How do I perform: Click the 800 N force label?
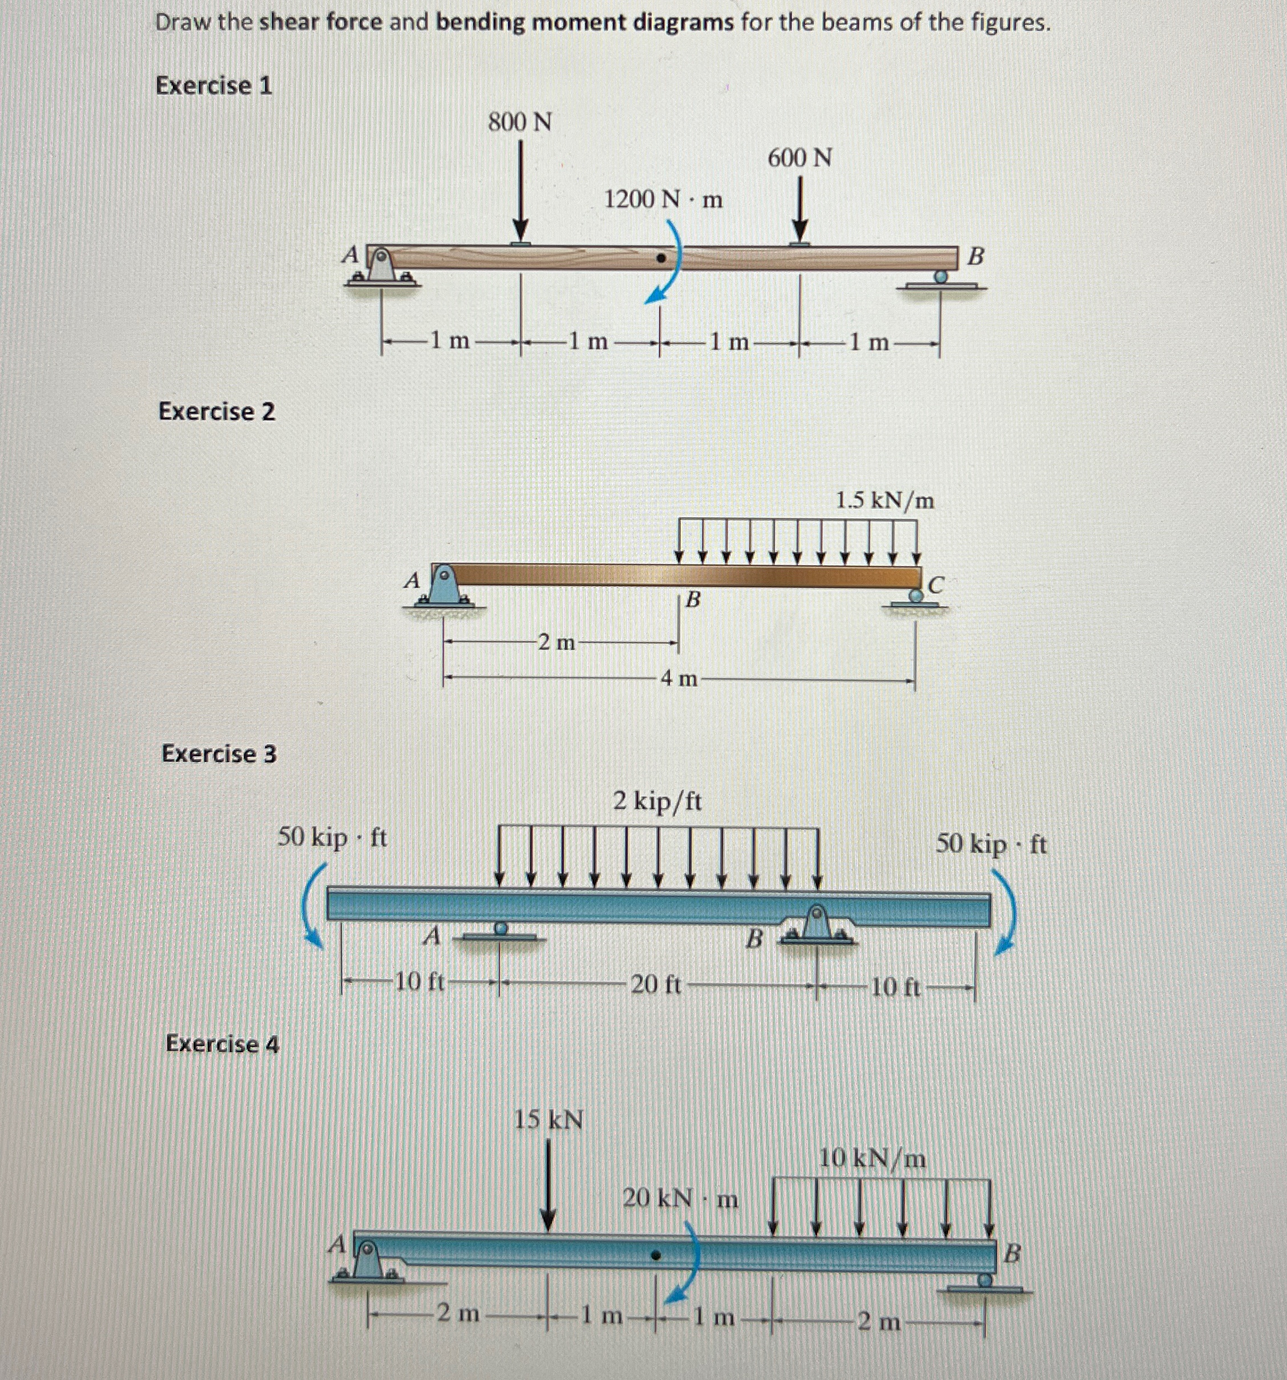point(520,122)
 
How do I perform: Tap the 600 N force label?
point(799,159)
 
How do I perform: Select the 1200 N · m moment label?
point(663,200)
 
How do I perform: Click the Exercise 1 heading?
point(214,86)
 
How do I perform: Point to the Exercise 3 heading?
point(218,753)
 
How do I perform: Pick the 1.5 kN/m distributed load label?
point(884,501)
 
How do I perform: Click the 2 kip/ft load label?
point(657,802)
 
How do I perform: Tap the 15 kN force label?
point(549,1120)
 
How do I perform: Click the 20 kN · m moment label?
point(680,1199)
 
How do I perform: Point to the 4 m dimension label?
point(678,678)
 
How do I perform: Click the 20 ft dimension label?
point(655,985)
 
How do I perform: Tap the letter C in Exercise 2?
point(936,585)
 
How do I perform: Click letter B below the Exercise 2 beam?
point(692,600)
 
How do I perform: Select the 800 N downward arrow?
point(520,191)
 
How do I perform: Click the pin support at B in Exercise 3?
point(817,923)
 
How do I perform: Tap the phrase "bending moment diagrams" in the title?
point(584,23)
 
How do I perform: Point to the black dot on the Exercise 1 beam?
point(661,259)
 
